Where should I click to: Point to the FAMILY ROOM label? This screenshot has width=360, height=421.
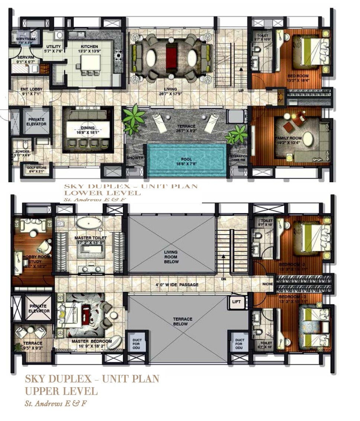click(x=288, y=138)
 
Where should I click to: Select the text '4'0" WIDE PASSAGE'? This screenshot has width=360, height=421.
click(x=177, y=285)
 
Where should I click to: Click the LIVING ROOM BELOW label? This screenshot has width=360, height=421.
click(x=171, y=257)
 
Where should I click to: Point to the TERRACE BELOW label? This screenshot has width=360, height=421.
click(x=182, y=322)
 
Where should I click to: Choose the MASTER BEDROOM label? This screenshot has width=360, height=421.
click(x=92, y=341)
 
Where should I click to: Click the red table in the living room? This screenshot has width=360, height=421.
click(x=171, y=57)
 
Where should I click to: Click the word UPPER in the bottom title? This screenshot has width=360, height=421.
click(x=42, y=391)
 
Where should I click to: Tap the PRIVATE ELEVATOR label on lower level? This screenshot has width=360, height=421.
click(x=36, y=122)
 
